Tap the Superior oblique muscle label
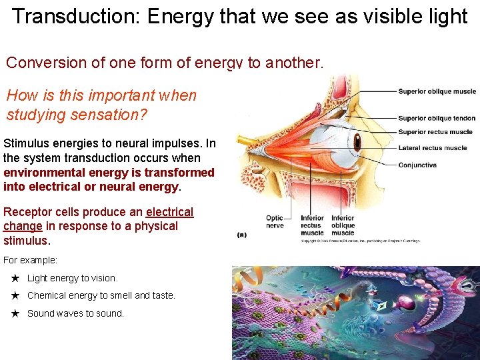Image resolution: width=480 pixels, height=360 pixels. pyautogui.click(x=437, y=91)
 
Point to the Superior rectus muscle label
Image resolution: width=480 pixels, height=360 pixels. pyautogui.click(x=435, y=132)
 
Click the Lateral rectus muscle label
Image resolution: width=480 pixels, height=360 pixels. pyautogui.click(x=433, y=147)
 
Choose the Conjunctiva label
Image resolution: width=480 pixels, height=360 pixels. pyautogui.click(x=417, y=165)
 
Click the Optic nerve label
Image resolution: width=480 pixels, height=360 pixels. pyautogui.click(x=275, y=222)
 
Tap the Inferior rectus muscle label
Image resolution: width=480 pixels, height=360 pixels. pyautogui.click(x=312, y=225)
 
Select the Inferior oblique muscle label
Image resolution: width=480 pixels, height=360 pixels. pyautogui.click(x=343, y=225)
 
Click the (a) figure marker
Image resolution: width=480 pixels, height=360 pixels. pyautogui.click(x=243, y=235)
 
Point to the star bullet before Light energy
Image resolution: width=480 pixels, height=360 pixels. pyautogui.click(x=15, y=278)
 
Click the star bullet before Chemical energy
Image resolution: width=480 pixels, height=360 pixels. pyautogui.click(x=15, y=295)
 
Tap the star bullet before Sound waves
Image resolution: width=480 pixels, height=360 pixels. pyautogui.click(x=15, y=313)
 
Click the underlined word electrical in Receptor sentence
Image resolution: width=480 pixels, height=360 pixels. pyautogui.click(x=169, y=212)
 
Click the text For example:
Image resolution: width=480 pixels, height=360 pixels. pyautogui.click(x=30, y=260)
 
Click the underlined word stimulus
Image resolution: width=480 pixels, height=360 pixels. pyautogui.click(x=25, y=240)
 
